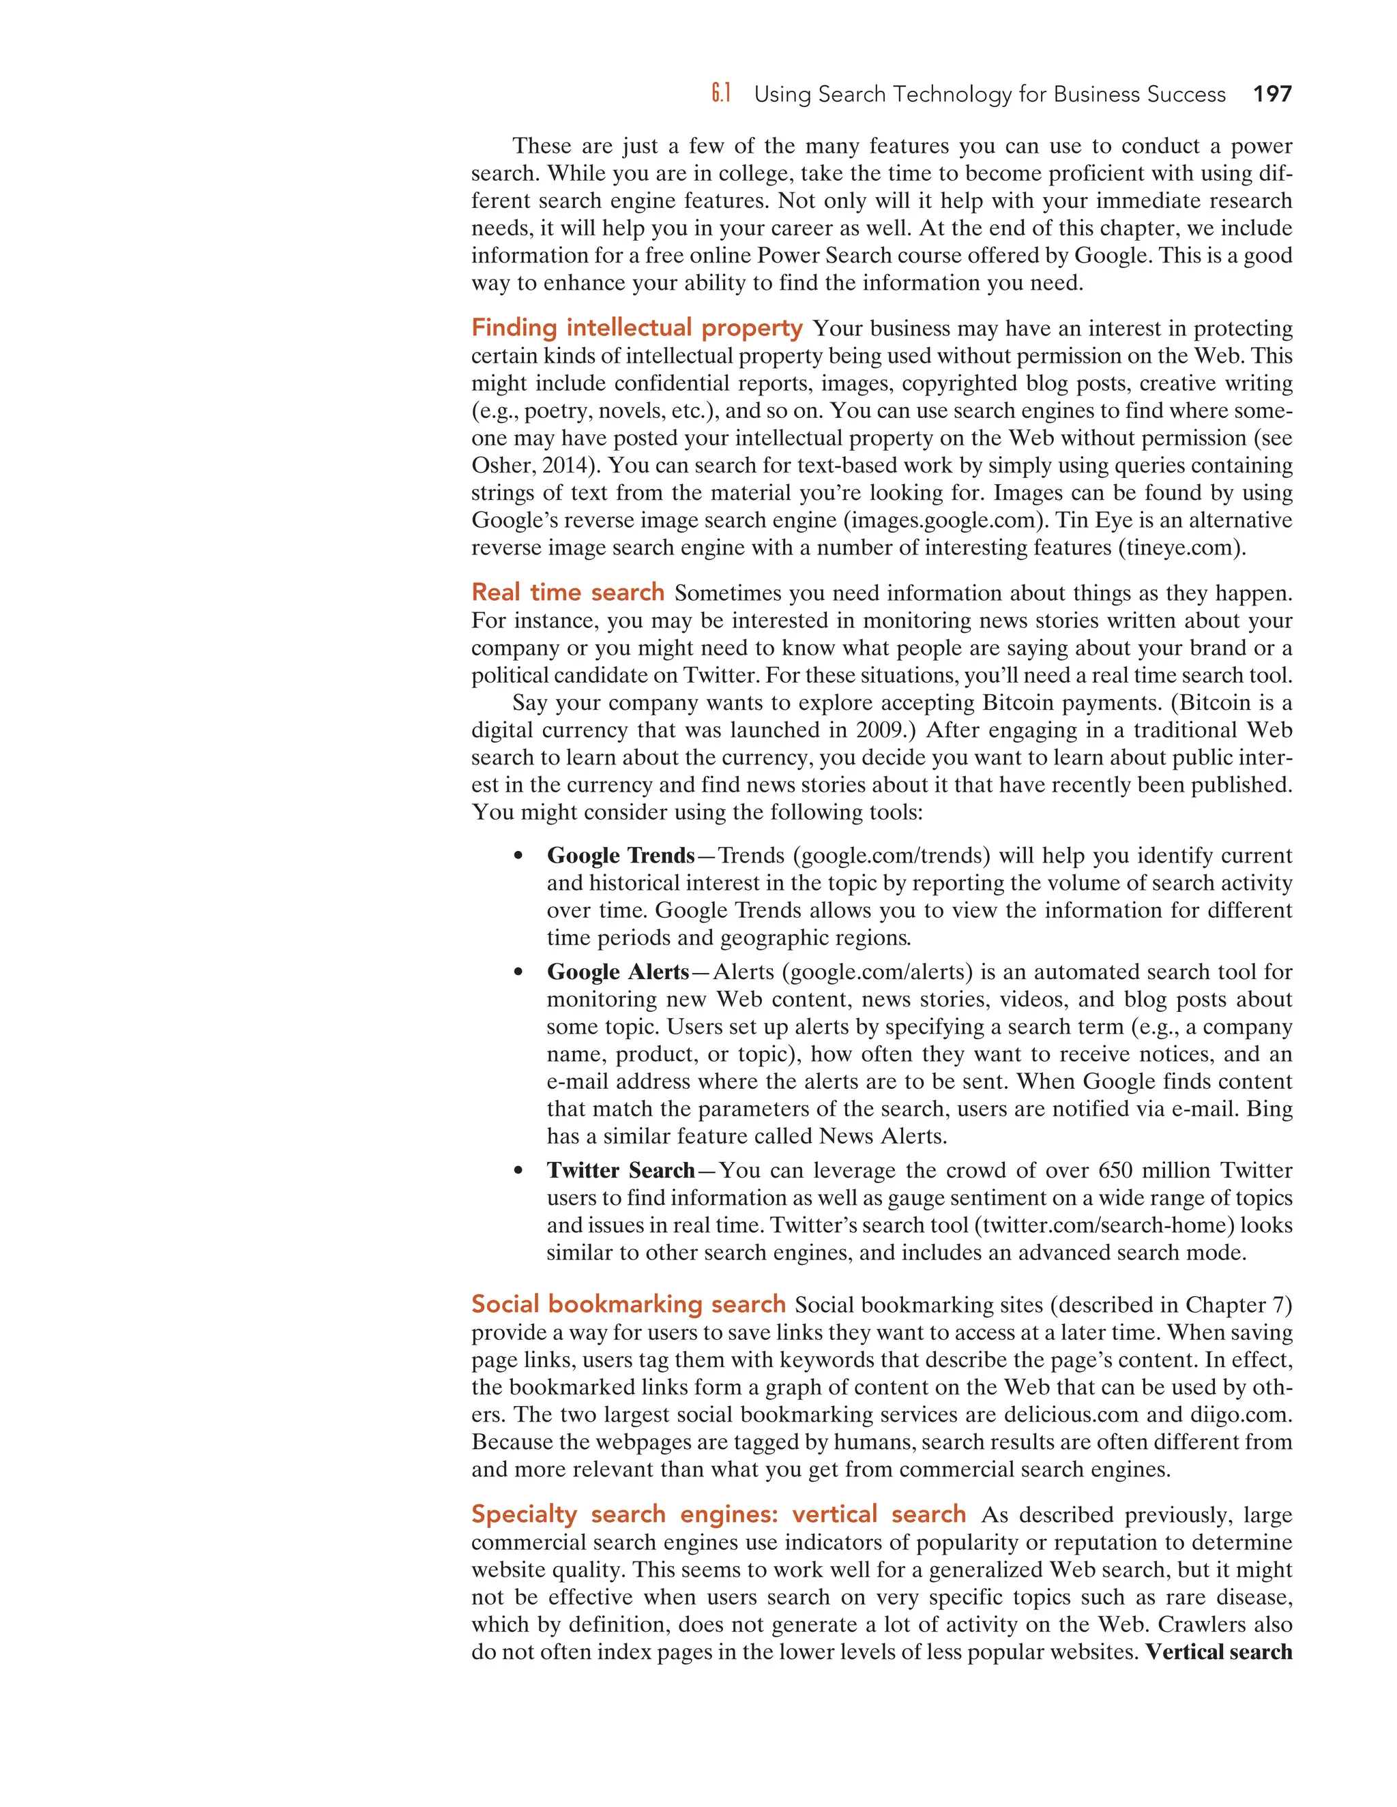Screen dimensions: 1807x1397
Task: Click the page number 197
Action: pos(1272,94)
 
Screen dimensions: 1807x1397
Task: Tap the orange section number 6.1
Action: pos(721,94)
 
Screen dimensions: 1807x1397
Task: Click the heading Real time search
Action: pos(568,593)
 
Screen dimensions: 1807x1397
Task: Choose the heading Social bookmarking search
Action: pos(628,1304)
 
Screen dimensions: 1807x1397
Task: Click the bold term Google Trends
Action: pos(621,856)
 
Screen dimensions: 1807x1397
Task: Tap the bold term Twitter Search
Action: pos(621,1170)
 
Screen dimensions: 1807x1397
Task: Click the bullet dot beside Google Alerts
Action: pos(518,972)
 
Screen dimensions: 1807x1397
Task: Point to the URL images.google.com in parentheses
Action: pos(943,520)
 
